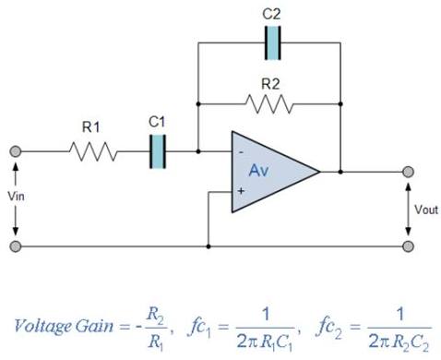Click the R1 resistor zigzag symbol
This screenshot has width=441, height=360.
[x=90, y=151]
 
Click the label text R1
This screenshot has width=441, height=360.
[x=91, y=127]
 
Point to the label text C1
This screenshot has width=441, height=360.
[x=156, y=121]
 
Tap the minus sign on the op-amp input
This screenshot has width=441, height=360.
[x=242, y=150]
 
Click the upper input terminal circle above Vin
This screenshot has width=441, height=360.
[x=16, y=151]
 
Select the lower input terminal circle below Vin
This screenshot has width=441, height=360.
[x=16, y=246]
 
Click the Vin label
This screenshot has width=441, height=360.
[x=18, y=197]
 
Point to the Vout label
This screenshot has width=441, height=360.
[x=425, y=210]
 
